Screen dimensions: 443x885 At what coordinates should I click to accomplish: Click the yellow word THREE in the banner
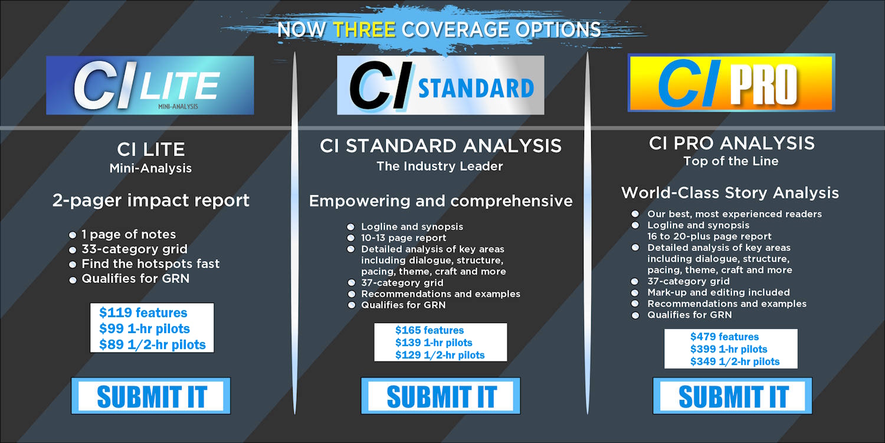click(364, 29)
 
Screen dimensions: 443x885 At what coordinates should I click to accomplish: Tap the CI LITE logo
click(150, 85)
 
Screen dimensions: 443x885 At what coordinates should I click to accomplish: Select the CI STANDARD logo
click(440, 85)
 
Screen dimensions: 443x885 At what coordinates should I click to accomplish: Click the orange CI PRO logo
click(731, 83)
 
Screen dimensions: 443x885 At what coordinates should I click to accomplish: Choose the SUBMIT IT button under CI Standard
click(441, 396)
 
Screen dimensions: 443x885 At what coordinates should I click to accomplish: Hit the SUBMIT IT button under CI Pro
click(732, 396)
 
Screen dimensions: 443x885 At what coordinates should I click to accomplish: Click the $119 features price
click(143, 312)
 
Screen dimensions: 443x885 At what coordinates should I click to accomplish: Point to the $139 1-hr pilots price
click(434, 343)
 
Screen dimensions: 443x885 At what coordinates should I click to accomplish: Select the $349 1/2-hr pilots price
click(735, 361)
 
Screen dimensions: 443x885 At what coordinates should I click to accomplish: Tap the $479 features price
click(725, 337)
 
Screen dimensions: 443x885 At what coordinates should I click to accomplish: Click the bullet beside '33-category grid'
click(73, 250)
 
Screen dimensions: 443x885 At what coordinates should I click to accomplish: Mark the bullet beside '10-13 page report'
click(350, 238)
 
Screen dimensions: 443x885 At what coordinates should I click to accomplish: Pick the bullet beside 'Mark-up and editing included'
click(635, 293)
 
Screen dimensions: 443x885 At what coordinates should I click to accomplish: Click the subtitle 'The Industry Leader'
click(440, 167)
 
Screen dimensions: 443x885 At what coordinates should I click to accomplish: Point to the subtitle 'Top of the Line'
click(730, 161)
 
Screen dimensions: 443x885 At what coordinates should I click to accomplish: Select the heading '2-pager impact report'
click(150, 201)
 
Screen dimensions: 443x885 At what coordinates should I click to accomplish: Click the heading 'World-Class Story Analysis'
click(730, 193)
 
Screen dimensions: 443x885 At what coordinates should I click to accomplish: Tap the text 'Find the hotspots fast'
click(150, 264)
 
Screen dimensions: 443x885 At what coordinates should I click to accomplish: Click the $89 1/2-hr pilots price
click(152, 345)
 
